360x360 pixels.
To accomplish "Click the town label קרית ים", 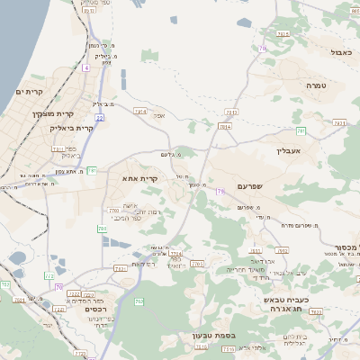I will (x=30, y=92).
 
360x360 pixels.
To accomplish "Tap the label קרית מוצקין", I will (x=50, y=112).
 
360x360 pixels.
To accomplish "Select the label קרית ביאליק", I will (x=71, y=128).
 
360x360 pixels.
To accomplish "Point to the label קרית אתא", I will (x=140, y=178).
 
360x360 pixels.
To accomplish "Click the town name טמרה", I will (x=315, y=85).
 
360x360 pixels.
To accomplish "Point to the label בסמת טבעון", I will (x=213, y=337).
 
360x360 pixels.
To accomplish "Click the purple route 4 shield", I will (x=85, y=67).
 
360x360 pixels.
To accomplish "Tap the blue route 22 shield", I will (x=100, y=117).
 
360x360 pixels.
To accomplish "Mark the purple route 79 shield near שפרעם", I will (x=220, y=191).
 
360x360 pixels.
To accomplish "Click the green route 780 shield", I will (x=102, y=229).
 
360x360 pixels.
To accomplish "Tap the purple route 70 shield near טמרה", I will (x=263, y=48).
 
